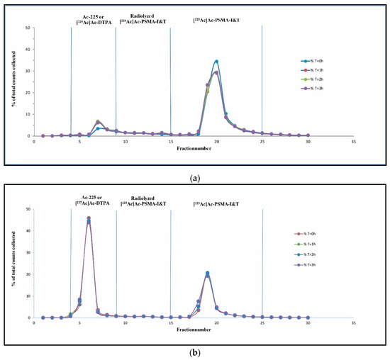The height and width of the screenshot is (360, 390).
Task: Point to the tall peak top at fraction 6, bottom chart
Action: click(89, 218)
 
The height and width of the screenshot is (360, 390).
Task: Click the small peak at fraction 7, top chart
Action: click(98, 122)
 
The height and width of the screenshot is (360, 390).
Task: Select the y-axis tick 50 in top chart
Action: click(26, 28)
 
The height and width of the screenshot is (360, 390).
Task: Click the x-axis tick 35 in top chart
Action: click(353, 142)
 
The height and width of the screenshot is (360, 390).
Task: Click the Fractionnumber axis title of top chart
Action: click(191, 151)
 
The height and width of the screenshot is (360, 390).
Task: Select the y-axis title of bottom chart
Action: click(13, 264)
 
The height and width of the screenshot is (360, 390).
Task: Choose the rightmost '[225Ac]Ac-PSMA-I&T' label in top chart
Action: click(217, 14)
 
